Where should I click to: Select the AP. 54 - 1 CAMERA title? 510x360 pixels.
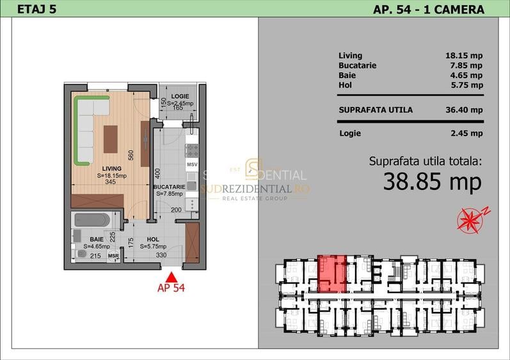(428, 8)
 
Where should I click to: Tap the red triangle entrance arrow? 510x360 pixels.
(171, 277)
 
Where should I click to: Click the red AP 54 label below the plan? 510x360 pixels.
(171, 288)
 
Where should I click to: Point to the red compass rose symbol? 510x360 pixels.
(471, 219)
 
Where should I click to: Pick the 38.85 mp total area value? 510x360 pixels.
(432, 182)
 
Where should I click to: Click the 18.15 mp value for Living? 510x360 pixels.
(463, 56)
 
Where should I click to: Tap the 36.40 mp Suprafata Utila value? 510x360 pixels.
(463, 109)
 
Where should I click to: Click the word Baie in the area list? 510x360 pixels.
(346, 75)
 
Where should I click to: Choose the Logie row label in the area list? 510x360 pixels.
(349, 133)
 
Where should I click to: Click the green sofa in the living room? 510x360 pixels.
(83, 128)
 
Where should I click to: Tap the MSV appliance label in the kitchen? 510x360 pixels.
(191, 164)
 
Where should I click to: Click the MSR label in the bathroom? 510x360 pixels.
(113, 256)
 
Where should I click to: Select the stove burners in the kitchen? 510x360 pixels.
(191, 150)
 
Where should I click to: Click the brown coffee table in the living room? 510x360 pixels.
(111, 135)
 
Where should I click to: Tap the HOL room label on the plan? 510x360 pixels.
(153, 239)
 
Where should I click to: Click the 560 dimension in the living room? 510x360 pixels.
(130, 154)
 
